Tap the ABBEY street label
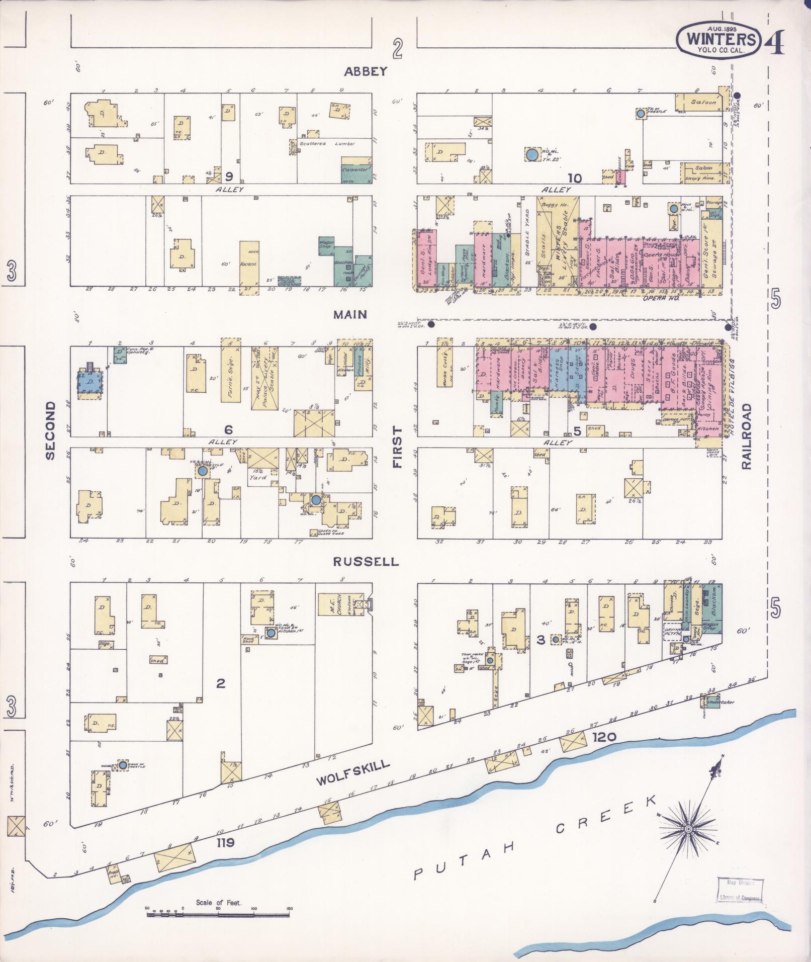coord(366,71)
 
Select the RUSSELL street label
coord(365,561)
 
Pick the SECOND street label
coord(50,430)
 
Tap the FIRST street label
coord(398,447)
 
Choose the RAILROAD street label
coord(746,436)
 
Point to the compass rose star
coord(687,829)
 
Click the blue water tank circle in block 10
coord(531,154)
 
